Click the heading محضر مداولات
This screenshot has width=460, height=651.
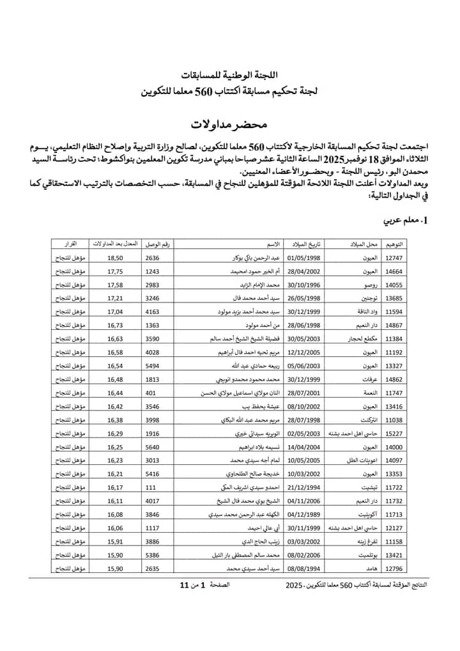pos(229,122)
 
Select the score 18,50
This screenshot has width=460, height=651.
pos(115,258)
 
